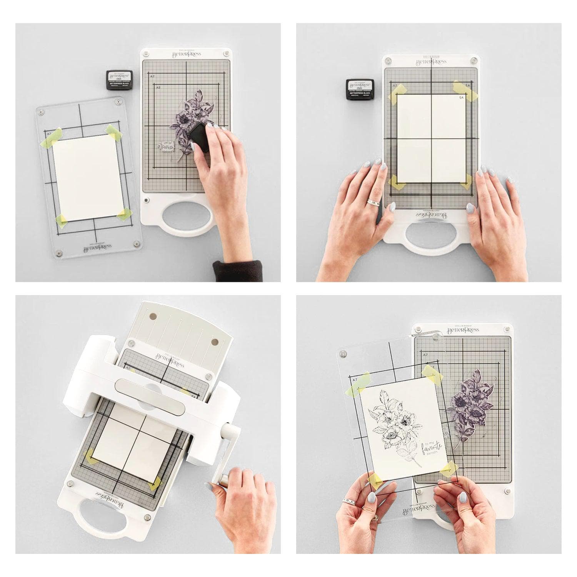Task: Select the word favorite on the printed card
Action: click(432, 448)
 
